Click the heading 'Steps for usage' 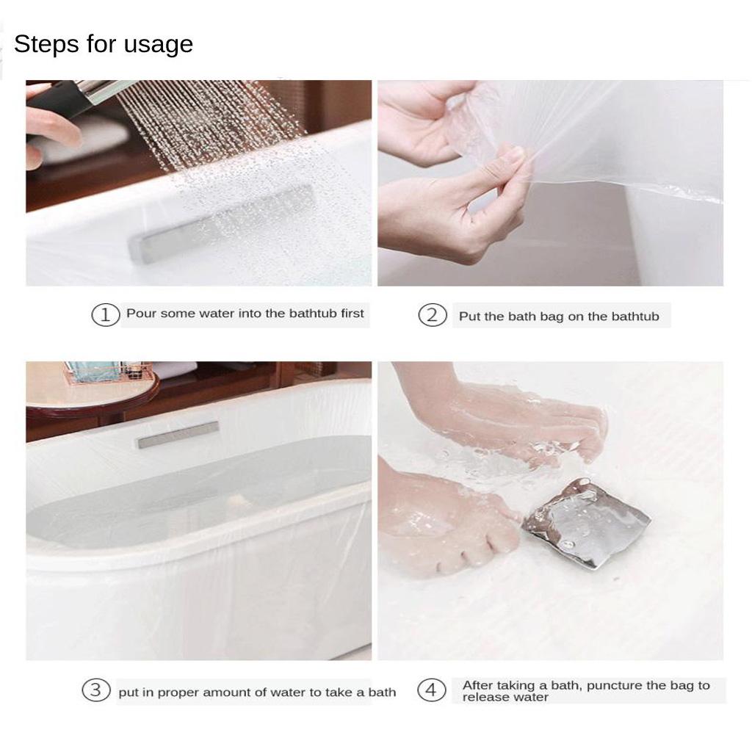point(104,44)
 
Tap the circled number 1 point(105,314)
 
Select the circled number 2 point(433,316)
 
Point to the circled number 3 point(95,690)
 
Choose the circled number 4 point(431,690)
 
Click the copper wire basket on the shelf point(110,374)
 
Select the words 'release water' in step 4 point(505,698)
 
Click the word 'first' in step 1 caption point(352,314)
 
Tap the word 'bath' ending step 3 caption point(382,693)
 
